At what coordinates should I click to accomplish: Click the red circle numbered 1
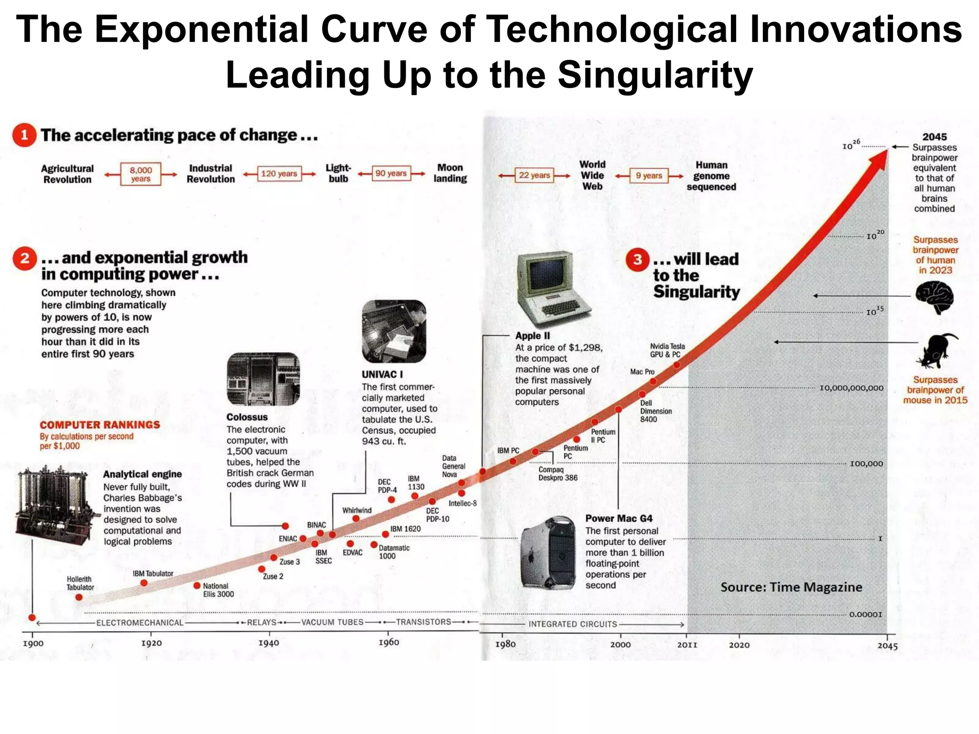24,135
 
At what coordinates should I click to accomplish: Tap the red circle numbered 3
637,259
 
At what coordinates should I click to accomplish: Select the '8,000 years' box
141,174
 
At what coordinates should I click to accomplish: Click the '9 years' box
649,176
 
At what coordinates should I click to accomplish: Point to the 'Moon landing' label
450,173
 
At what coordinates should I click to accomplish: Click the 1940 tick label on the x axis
269,643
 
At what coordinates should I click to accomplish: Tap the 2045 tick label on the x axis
887,646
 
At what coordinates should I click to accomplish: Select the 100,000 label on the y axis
866,464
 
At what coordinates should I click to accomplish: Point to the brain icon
935,297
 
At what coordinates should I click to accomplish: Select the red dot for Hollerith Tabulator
79,597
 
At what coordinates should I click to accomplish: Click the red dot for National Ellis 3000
197,586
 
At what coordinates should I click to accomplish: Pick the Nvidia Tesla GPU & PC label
667,350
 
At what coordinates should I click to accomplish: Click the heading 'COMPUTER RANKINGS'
99,425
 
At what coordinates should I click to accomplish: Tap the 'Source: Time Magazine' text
791,587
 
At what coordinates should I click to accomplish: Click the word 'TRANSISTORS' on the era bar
423,622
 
